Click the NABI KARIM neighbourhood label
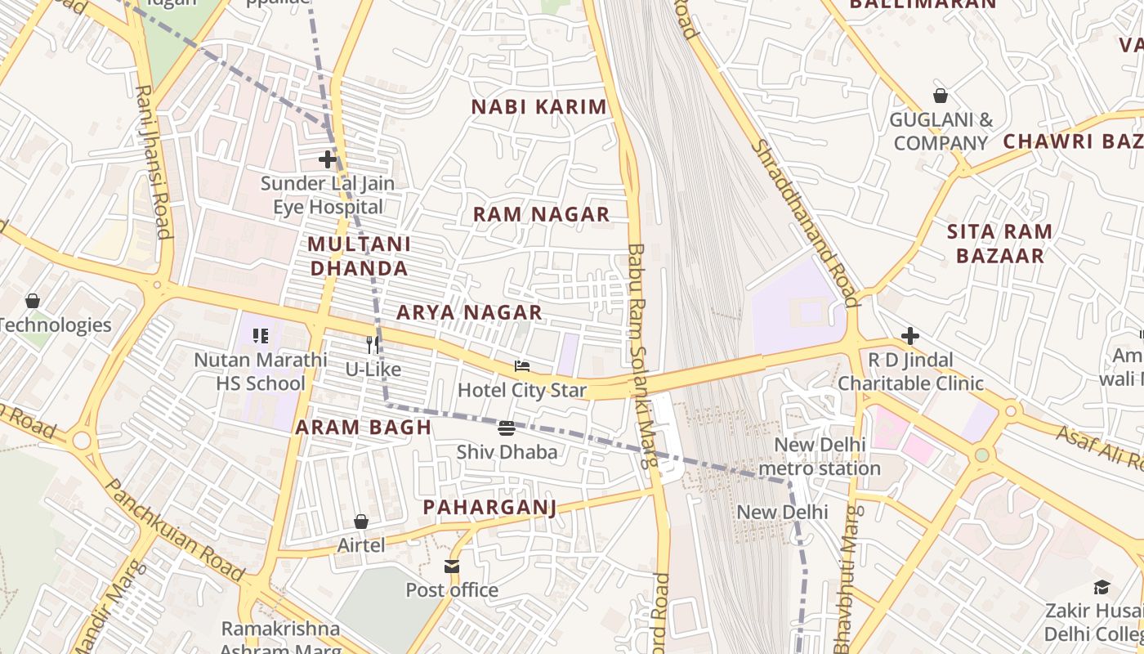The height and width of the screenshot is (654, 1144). pos(539,106)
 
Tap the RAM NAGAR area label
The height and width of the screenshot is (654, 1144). pos(541,214)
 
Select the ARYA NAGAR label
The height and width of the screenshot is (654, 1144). pos(469,312)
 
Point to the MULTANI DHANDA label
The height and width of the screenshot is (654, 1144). pos(359,256)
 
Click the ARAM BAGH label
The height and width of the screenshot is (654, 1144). pos(363,427)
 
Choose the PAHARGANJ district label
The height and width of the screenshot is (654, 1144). pos(489,507)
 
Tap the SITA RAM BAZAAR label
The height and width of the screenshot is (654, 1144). pos(999,244)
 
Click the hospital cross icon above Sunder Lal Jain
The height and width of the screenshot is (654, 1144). pos(328,159)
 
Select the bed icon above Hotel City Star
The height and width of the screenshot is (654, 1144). pos(522,365)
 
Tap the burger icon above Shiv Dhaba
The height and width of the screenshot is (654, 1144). pos(507,428)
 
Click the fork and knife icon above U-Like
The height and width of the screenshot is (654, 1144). pos(373,345)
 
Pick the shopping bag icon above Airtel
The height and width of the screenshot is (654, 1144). pos(360,521)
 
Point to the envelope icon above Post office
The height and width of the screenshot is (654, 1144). pos(452,566)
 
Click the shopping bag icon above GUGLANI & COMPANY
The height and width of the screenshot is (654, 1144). pos(941,96)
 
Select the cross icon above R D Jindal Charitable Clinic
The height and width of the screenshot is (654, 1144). pos(909,336)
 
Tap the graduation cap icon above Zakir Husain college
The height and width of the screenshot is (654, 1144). pos(1102,587)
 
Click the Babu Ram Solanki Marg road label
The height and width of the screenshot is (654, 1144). pos(642,356)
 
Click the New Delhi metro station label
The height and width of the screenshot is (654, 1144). pos(820,457)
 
